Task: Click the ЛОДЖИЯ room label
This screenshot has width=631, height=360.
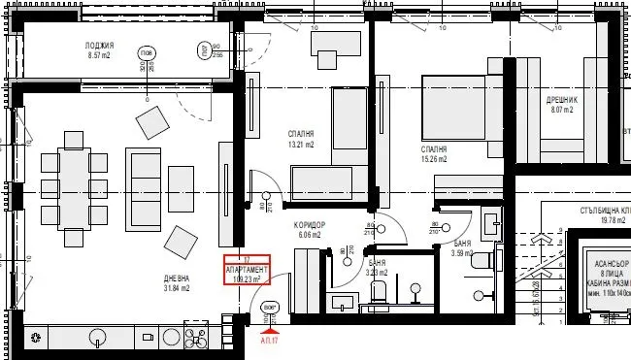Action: point(100,46)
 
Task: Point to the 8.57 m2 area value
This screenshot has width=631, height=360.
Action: point(100,56)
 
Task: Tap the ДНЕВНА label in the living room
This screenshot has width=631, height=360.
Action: point(177,278)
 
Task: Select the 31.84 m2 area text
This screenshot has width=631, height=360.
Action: point(177,289)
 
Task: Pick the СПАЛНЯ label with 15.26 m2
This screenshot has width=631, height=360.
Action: point(434,149)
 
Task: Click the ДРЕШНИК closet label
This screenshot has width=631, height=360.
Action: point(563,99)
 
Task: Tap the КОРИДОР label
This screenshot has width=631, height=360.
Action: point(309,224)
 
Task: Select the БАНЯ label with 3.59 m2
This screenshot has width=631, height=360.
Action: point(461,245)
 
